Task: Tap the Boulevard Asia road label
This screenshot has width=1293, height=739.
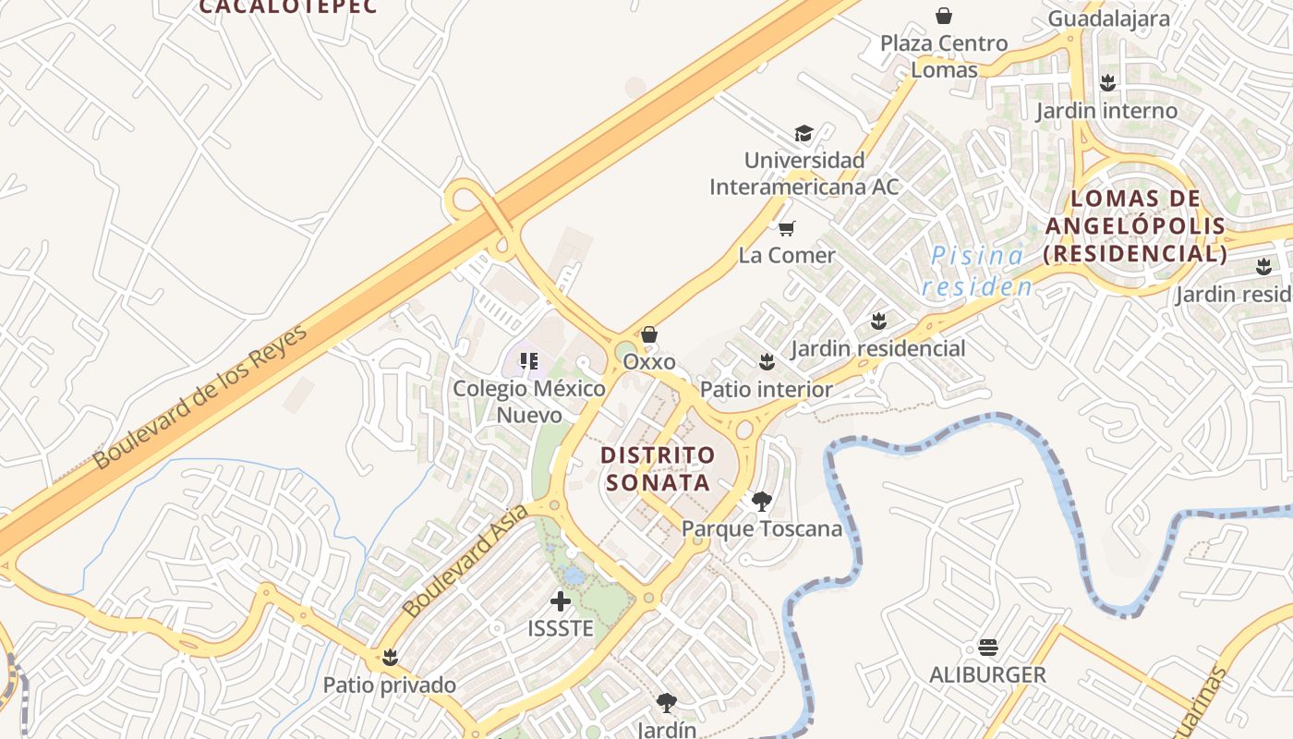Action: click(x=466, y=560)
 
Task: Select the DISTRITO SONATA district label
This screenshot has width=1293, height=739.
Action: click(x=658, y=468)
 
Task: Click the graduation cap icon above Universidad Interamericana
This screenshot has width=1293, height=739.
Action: click(x=804, y=134)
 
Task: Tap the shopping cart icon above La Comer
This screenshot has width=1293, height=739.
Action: click(x=787, y=228)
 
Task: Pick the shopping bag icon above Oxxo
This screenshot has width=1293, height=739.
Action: click(x=649, y=334)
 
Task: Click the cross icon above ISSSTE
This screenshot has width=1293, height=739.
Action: click(x=560, y=601)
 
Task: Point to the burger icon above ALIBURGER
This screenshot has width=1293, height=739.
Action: click(x=987, y=648)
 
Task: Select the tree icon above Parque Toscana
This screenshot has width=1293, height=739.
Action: click(x=762, y=502)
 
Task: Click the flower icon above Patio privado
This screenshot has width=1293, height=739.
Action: click(x=390, y=658)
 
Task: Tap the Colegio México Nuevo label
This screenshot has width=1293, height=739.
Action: click(x=529, y=401)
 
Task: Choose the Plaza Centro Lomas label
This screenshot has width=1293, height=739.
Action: click(x=944, y=56)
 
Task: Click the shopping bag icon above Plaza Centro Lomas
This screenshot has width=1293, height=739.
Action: click(x=944, y=16)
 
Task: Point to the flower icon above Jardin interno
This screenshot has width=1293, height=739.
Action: click(x=1107, y=83)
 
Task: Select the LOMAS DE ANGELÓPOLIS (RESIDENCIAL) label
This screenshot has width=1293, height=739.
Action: click(x=1135, y=226)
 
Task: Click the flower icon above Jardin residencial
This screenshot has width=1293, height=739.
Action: click(x=877, y=321)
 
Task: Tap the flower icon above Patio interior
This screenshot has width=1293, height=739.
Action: click(x=766, y=361)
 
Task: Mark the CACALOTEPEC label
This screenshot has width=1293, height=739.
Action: click(x=288, y=6)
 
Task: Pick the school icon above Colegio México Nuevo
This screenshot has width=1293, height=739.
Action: click(x=529, y=360)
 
